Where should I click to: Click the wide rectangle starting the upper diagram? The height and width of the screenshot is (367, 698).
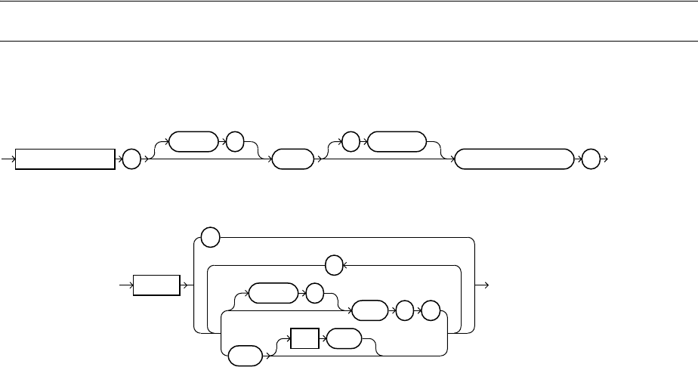point(66,159)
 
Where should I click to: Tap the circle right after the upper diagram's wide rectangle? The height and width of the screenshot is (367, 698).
point(131,159)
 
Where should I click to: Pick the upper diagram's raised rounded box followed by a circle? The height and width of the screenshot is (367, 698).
point(192,141)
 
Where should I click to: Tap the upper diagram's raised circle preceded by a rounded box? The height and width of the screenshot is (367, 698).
point(235,141)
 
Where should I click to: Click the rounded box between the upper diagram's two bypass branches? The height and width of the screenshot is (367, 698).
point(292,159)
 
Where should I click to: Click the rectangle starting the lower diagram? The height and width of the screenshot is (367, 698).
point(157,286)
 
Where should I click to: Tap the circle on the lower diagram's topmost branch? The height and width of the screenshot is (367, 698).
point(211,238)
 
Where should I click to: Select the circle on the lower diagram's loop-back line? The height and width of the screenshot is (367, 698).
point(333,265)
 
